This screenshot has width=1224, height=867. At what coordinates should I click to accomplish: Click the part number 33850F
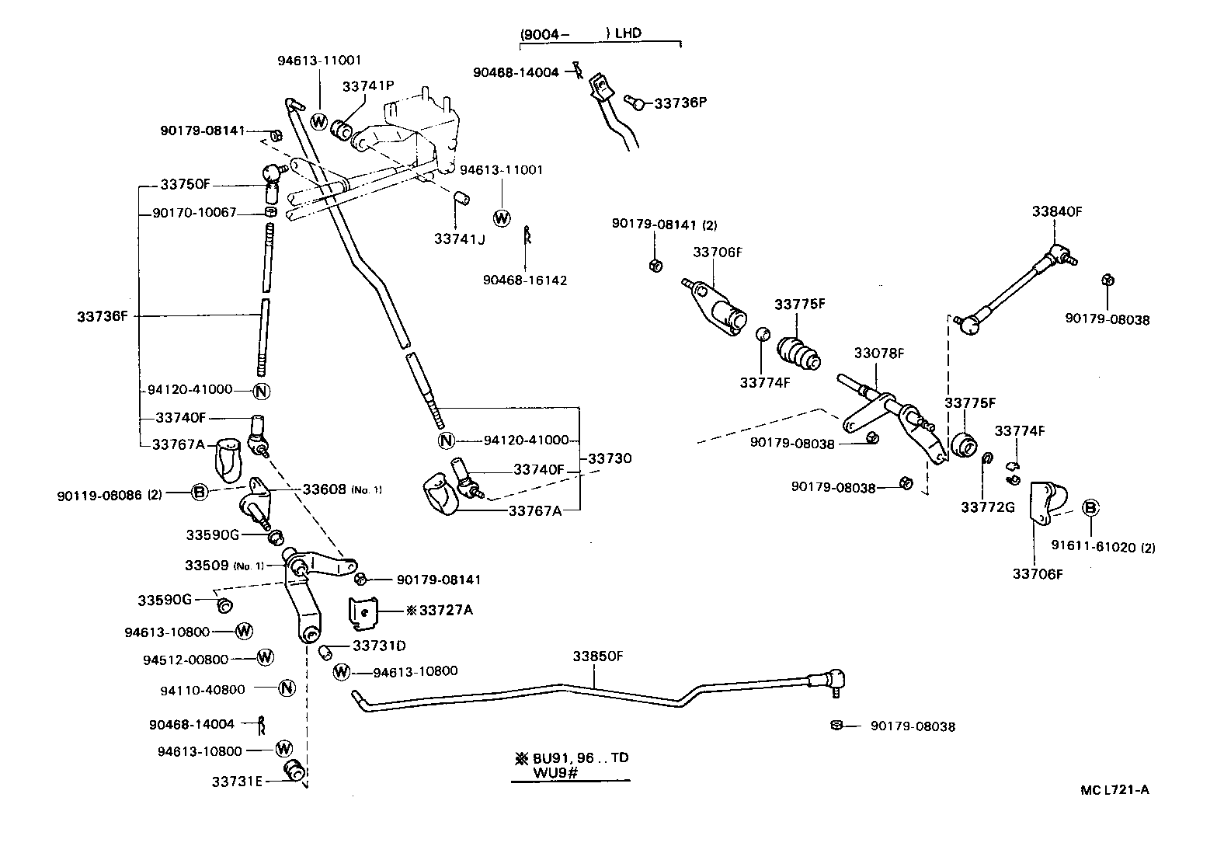(x=598, y=656)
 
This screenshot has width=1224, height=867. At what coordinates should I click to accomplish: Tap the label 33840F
(x=1056, y=211)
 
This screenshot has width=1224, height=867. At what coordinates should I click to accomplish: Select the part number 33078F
(x=879, y=353)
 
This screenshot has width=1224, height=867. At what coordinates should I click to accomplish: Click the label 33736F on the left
(x=102, y=316)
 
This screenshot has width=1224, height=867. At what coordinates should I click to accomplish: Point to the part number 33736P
(x=680, y=103)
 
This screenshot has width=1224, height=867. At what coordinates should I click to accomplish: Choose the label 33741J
(x=459, y=239)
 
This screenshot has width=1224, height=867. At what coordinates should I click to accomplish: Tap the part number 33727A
(x=445, y=610)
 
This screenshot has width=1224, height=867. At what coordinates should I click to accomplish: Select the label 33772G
(x=987, y=507)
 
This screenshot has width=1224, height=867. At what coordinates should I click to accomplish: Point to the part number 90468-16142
(x=524, y=280)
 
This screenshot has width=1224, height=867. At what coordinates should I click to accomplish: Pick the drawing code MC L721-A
(x=1114, y=791)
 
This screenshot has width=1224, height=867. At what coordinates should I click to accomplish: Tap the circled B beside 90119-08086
(x=199, y=492)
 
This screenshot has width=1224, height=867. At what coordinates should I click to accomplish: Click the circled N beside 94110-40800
(x=287, y=688)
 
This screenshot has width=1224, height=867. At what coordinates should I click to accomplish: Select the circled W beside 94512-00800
(x=266, y=658)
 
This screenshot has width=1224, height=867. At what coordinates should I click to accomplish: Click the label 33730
(x=610, y=458)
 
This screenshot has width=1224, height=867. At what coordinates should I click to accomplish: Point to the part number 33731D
(x=379, y=646)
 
